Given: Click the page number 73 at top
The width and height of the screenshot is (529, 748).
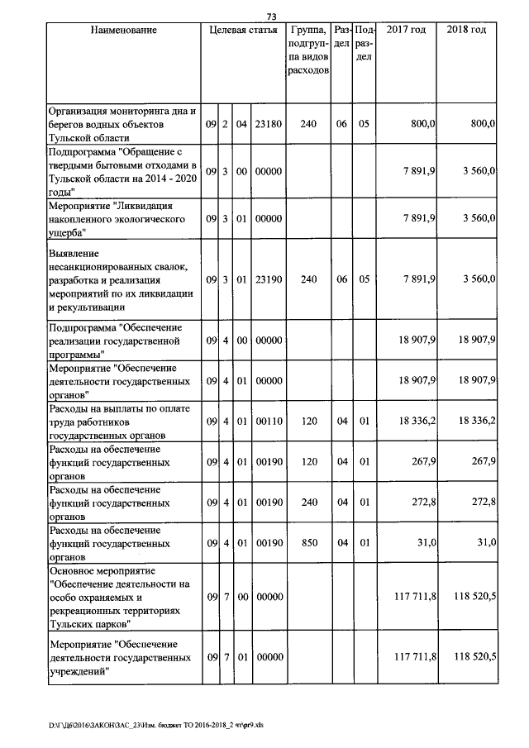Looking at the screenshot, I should click(271, 15).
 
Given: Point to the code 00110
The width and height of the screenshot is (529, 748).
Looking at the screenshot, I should click(268, 421).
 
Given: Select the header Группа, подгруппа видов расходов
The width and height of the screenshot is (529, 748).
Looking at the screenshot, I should click(309, 50).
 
